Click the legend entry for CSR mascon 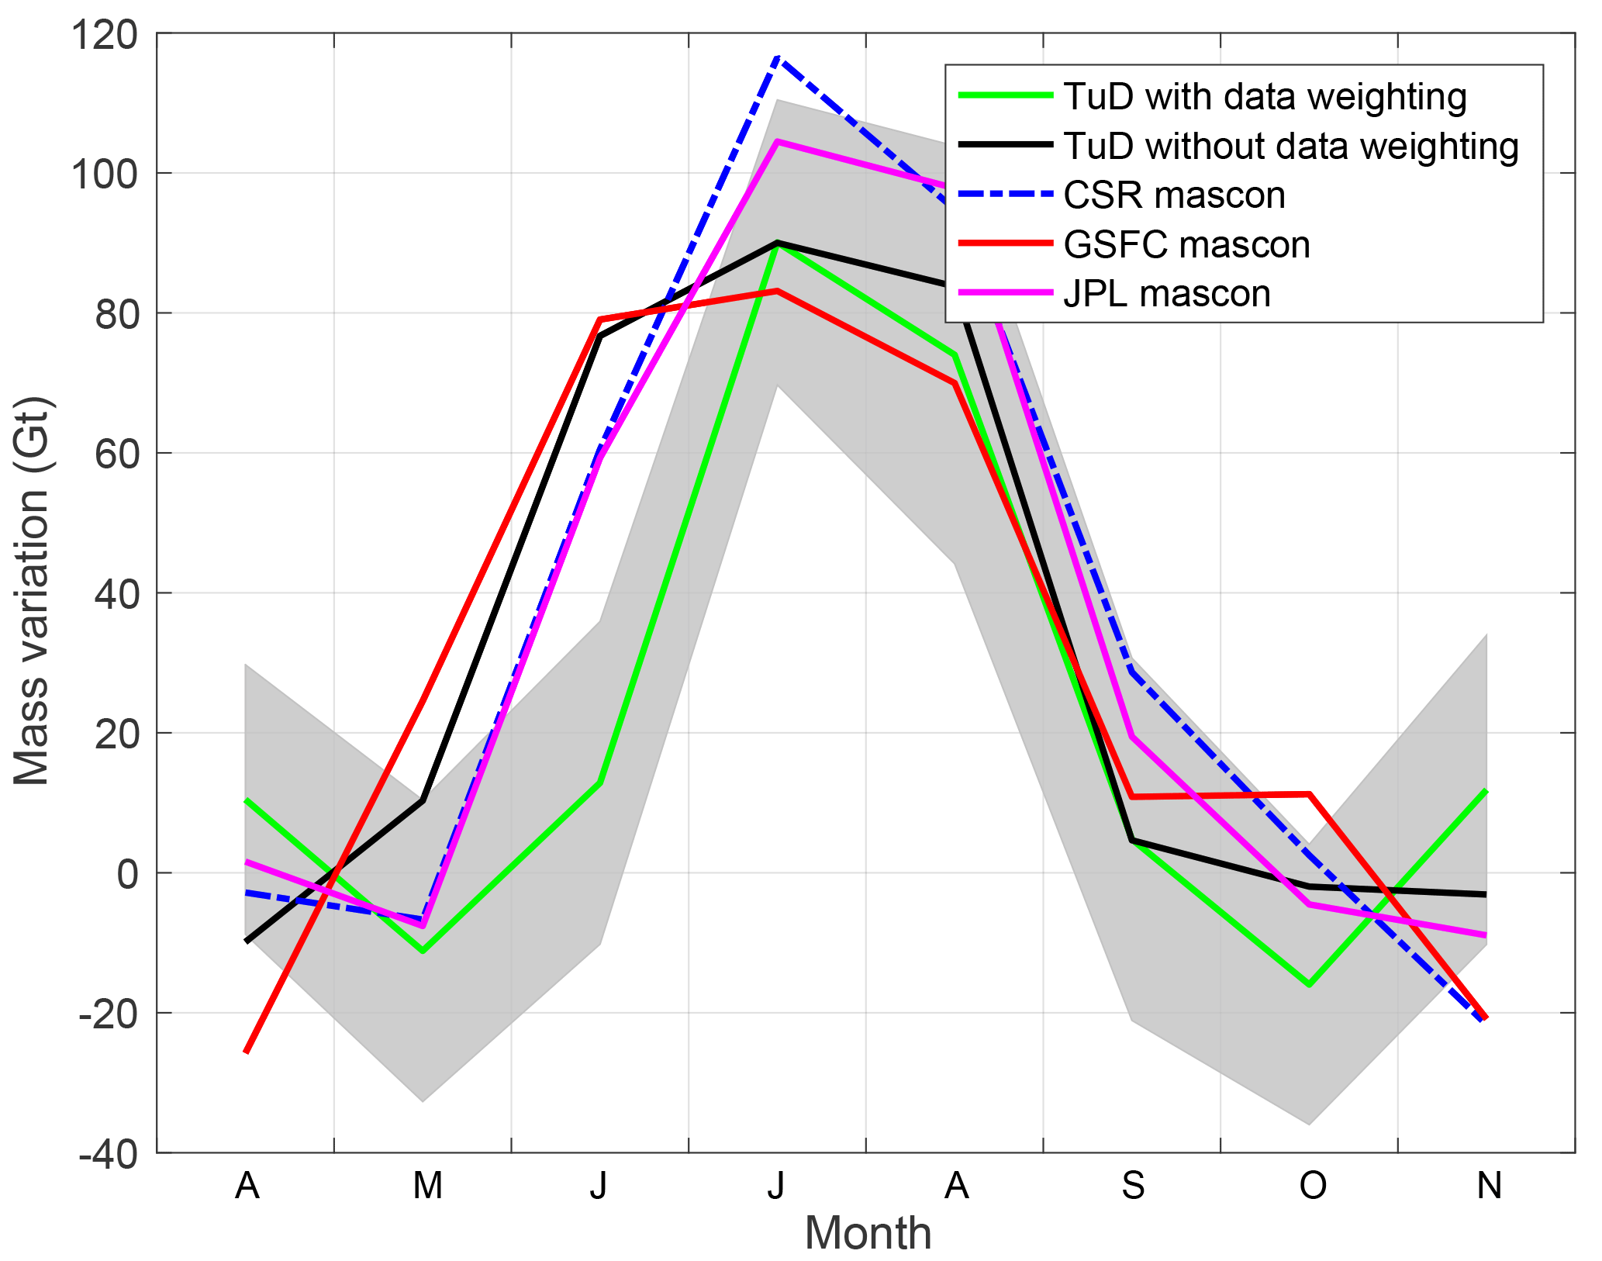pos(1174,195)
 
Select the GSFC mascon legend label pos(1186,245)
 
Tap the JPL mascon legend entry pos(1167,294)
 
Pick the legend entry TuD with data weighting pos(1265,97)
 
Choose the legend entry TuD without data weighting pos(1290,147)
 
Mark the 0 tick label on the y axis pos(127,874)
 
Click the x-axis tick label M pos(427,1186)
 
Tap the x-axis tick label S pos(1133,1186)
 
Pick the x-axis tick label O pos(1312,1186)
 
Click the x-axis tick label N pos(1489,1186)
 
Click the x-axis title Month pos(868,1233)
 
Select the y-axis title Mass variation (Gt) pos(33,592)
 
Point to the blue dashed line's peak pos(778,57)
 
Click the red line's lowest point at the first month pos(246,1052)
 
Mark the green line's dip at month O pos(1309,985)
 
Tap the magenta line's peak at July pos(778,142)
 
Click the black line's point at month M pos(423,800)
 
